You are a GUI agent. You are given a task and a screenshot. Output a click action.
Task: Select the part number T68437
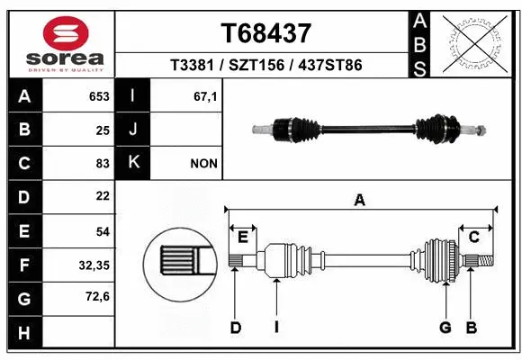pos(265,33)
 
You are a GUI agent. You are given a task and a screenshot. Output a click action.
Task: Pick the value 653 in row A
pos(98,96)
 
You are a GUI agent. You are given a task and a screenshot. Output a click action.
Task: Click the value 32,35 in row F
pos(94,265)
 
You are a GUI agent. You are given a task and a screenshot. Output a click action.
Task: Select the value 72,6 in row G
pos(95,297)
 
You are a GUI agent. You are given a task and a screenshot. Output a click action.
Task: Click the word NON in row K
pos(203,164)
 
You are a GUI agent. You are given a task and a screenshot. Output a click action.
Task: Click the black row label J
pos(134,130)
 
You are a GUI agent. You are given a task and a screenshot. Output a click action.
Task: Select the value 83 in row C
pos(102,164)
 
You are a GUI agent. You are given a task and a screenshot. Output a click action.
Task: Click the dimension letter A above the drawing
pos(360,201)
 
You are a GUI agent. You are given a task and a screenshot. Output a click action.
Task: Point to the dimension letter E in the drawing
pos(242,236)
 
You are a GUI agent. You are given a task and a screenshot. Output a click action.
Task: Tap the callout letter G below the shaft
pos(445,328)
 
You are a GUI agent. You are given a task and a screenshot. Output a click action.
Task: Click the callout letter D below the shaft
pos(235,328)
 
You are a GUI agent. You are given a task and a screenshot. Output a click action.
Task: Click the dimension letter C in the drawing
pos(473,236)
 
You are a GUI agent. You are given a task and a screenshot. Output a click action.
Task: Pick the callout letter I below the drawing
pos(276,328)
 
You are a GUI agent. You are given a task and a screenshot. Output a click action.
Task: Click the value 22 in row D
pos(102,197)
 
